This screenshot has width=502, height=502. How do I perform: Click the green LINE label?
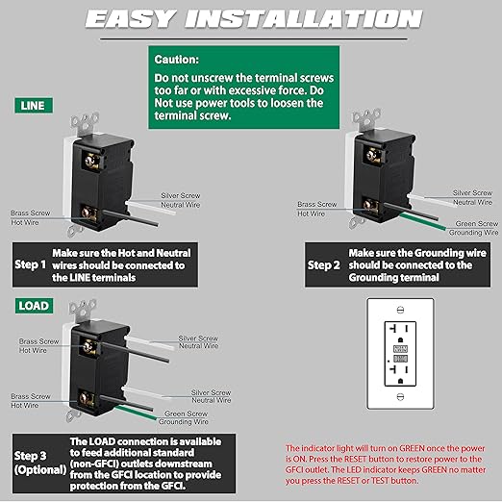(x=34, y=106)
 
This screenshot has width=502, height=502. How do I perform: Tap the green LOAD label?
(x=34, y=306)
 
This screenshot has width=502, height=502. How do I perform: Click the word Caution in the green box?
(x=176, y=60)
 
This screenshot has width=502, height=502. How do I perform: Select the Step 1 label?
(x=31, y=264)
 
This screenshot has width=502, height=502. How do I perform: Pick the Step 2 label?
(x=323, y=265)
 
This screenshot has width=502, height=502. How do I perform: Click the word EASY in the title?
(x=131, y=18)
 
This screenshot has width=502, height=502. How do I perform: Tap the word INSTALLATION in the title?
(x=303, y=18)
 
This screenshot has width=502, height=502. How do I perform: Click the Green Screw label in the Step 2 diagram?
(x=477, y=223)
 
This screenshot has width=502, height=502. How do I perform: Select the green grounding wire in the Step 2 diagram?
(x=422, y=221)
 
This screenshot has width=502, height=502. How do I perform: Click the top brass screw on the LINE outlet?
(x=92, y=161)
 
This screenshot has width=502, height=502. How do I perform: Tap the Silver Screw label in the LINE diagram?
(x=181, y=195)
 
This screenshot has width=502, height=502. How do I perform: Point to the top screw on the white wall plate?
(x=400, y=310)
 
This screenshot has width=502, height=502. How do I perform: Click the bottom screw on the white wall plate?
(x=400, y=397)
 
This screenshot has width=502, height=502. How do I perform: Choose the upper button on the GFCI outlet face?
(x=400, y=349)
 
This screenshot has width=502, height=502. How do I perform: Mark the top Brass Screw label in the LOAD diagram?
(x=38, y=341)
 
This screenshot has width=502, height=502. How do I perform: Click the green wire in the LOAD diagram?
(x=136, y=413)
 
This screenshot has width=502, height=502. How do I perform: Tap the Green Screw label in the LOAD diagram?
(x=186, y=414)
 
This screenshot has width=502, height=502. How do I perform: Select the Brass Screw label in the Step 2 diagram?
(x=317, y=204)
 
